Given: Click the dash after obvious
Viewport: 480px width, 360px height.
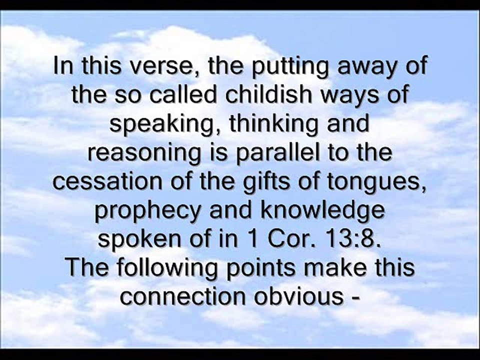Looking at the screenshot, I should [x=356, y=298].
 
